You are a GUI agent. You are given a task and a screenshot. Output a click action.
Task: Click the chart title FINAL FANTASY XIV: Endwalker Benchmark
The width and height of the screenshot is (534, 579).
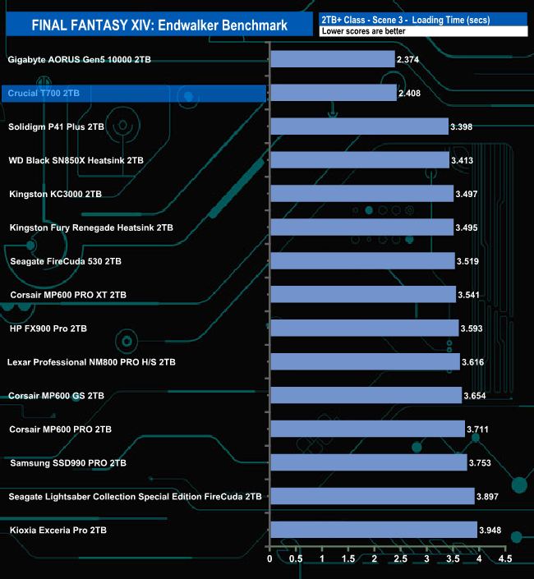tap(159, 25)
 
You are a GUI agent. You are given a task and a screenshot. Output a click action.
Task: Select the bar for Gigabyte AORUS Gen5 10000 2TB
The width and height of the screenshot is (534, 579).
tap(332, 59)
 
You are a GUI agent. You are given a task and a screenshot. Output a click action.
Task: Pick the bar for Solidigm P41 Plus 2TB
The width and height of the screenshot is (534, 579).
tap(358, 126)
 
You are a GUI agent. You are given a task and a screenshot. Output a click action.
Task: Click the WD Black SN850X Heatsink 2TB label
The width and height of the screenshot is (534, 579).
tap(76, 160)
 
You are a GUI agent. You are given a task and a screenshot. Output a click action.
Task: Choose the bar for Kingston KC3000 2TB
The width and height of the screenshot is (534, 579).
tap(361, 194)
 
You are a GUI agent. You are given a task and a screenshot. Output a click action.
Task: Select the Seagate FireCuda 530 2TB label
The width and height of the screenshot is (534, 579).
tap(66, 261)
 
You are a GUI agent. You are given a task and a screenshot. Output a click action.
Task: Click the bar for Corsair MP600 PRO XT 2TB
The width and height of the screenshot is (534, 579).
tap(363, 294)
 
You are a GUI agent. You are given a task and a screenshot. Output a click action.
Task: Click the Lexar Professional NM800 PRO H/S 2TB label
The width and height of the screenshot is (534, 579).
tap(91, 361)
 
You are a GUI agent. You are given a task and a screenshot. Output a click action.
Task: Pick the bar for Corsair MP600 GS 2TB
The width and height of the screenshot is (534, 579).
tap(366, 395)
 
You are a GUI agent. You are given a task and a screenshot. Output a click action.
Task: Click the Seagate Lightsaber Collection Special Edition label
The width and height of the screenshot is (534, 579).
tap(135, 496)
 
